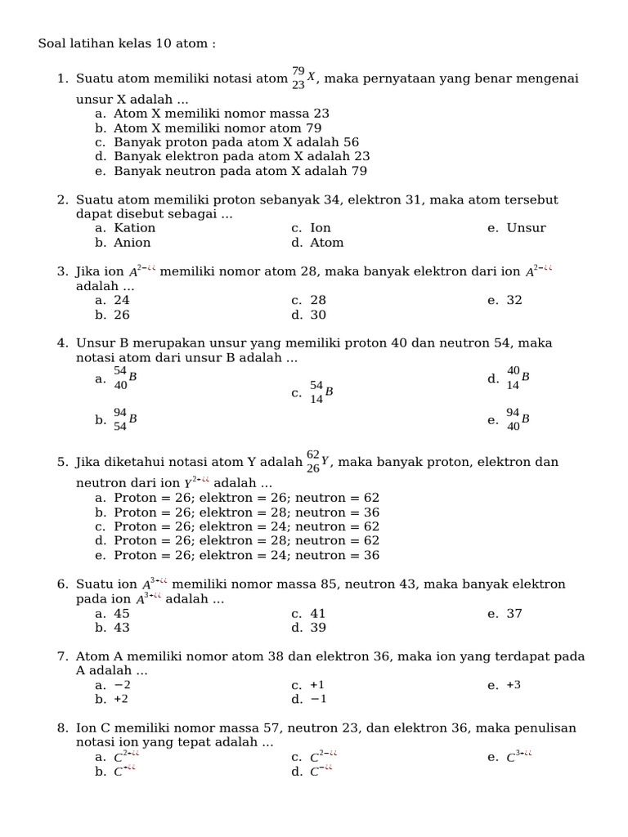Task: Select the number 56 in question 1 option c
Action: pos(351,142)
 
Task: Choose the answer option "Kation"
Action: pos(135,228)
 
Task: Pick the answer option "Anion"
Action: pos(132,243)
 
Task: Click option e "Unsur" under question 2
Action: pos(526,228)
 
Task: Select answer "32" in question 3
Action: pos(514,300)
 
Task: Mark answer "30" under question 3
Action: pos(318,315)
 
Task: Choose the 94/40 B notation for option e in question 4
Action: pos(517,419)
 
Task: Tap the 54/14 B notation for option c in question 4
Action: pos(321,392)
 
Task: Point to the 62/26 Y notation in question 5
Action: pos(317,462)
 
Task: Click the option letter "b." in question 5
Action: pos(101,512)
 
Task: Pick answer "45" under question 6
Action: pos(122,614)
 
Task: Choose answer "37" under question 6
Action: pos(514,614)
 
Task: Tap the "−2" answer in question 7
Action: pos(122,685)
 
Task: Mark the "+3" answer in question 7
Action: pos(514,685)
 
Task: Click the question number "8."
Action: pos(63,728)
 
